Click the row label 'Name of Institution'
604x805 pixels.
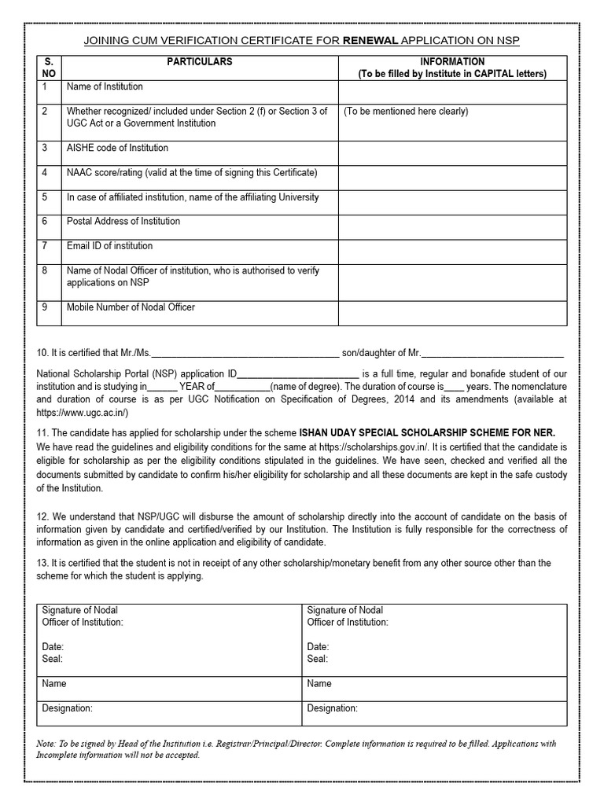105,87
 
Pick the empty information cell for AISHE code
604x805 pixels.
452,153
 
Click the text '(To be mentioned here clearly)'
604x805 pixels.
406,112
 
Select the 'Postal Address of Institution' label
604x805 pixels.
123,222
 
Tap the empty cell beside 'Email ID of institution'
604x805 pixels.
452,251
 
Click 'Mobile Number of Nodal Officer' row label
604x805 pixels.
131,307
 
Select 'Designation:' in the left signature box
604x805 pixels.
67,708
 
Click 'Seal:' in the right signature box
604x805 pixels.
318,659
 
